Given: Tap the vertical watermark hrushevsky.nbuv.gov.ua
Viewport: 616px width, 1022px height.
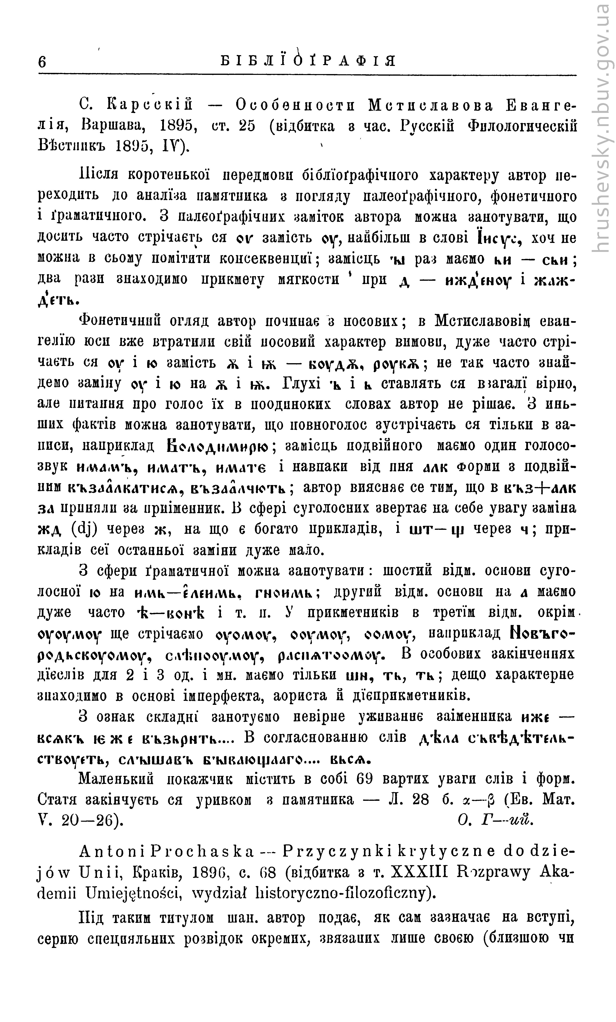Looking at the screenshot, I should click(601, 129).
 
